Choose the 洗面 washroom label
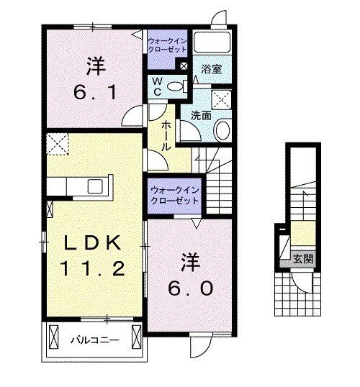pyautogui.click(x=200, y=114)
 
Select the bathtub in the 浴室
pyautogui.click(x=212, y=45)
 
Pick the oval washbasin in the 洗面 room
pyautogui.click(x=222, y=130)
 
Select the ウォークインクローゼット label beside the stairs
pyautogui.click(x=175, y=193)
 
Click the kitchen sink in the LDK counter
pyautogui.click(x=95, y=186)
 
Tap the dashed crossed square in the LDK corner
pyautogui.click(x=57, y=145)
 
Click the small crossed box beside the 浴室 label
pyautogui.click(x=186, y=67)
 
